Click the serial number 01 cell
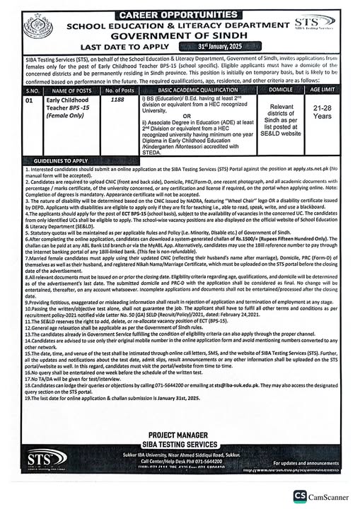[30, 101]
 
